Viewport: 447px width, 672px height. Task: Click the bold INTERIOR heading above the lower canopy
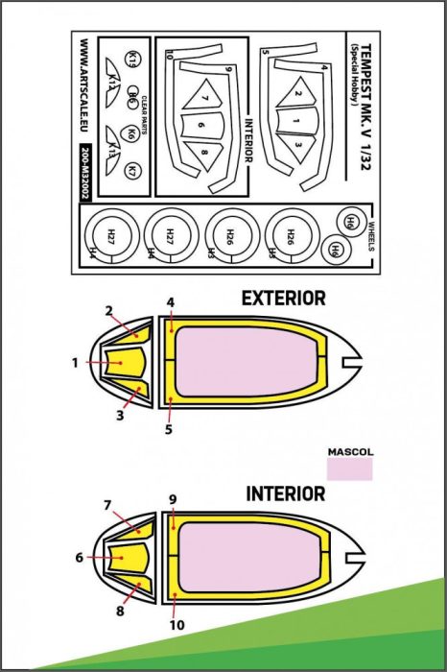point(285,493)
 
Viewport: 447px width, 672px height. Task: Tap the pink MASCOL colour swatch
point(350,468)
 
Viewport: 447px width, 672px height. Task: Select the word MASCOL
point(350,448)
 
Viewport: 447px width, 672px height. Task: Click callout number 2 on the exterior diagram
point(109,310)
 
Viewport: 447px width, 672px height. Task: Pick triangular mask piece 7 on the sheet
point(204,93)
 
